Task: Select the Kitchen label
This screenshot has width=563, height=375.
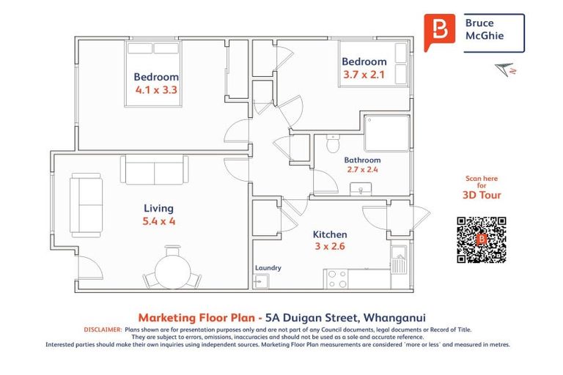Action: click(329, 234)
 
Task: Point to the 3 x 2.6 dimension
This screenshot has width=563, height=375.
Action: click(329, 246)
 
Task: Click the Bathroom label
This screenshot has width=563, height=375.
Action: click(363, 160)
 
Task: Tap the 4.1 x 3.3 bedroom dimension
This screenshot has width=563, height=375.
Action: click(156, 89)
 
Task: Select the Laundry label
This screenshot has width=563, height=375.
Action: click(268, 268)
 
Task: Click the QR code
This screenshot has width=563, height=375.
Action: click(482, 240)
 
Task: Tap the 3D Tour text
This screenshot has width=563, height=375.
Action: click(481, 196)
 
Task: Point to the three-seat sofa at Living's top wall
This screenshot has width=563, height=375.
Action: click(155, 171)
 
